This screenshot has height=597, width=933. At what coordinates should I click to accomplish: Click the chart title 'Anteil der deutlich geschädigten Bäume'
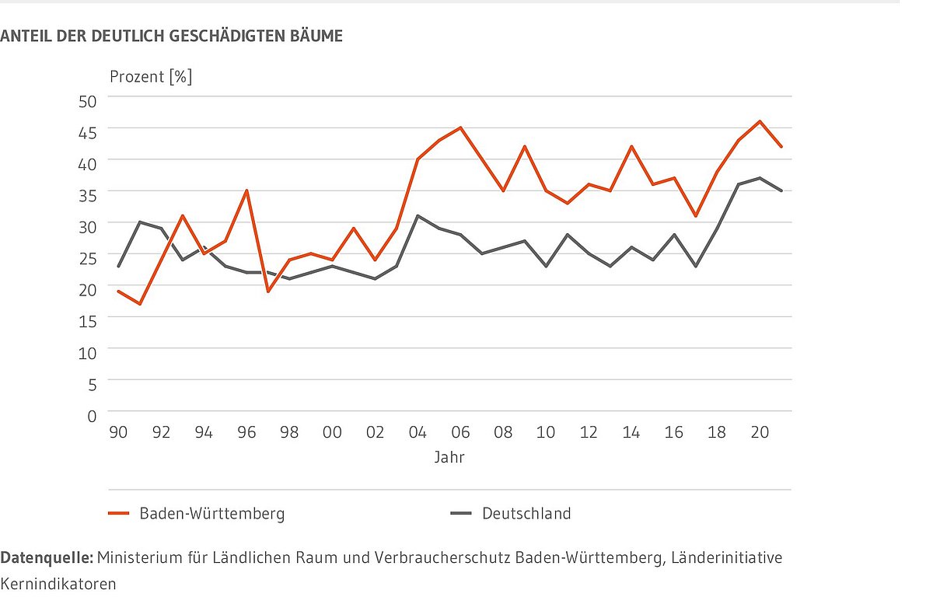click(171, 36)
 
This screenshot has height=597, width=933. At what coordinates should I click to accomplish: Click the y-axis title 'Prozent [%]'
click(151, 77)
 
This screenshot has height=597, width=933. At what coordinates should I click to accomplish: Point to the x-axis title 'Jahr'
click(449, 458)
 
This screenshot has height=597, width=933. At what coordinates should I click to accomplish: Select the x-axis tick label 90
click(118, 433)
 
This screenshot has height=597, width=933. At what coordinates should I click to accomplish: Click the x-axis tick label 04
click(418, 433)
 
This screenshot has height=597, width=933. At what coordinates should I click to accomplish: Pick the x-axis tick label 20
click(760, 433)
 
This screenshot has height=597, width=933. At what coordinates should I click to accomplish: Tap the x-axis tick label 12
click(589, 433)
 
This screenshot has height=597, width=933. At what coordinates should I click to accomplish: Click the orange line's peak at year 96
click(246, 190)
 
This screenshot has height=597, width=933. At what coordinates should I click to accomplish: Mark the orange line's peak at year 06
click(460, 127)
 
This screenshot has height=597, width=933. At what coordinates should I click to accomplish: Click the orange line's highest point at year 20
click(760, 121)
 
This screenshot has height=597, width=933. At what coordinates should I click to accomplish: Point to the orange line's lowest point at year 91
click(140, 304)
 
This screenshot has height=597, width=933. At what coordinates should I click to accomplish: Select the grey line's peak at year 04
click(418, 215)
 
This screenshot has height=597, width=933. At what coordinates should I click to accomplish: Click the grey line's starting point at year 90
click(118, 266)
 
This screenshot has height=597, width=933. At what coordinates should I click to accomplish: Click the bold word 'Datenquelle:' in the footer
click(46, 558)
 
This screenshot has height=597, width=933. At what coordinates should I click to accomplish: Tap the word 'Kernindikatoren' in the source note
click(58, 583)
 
